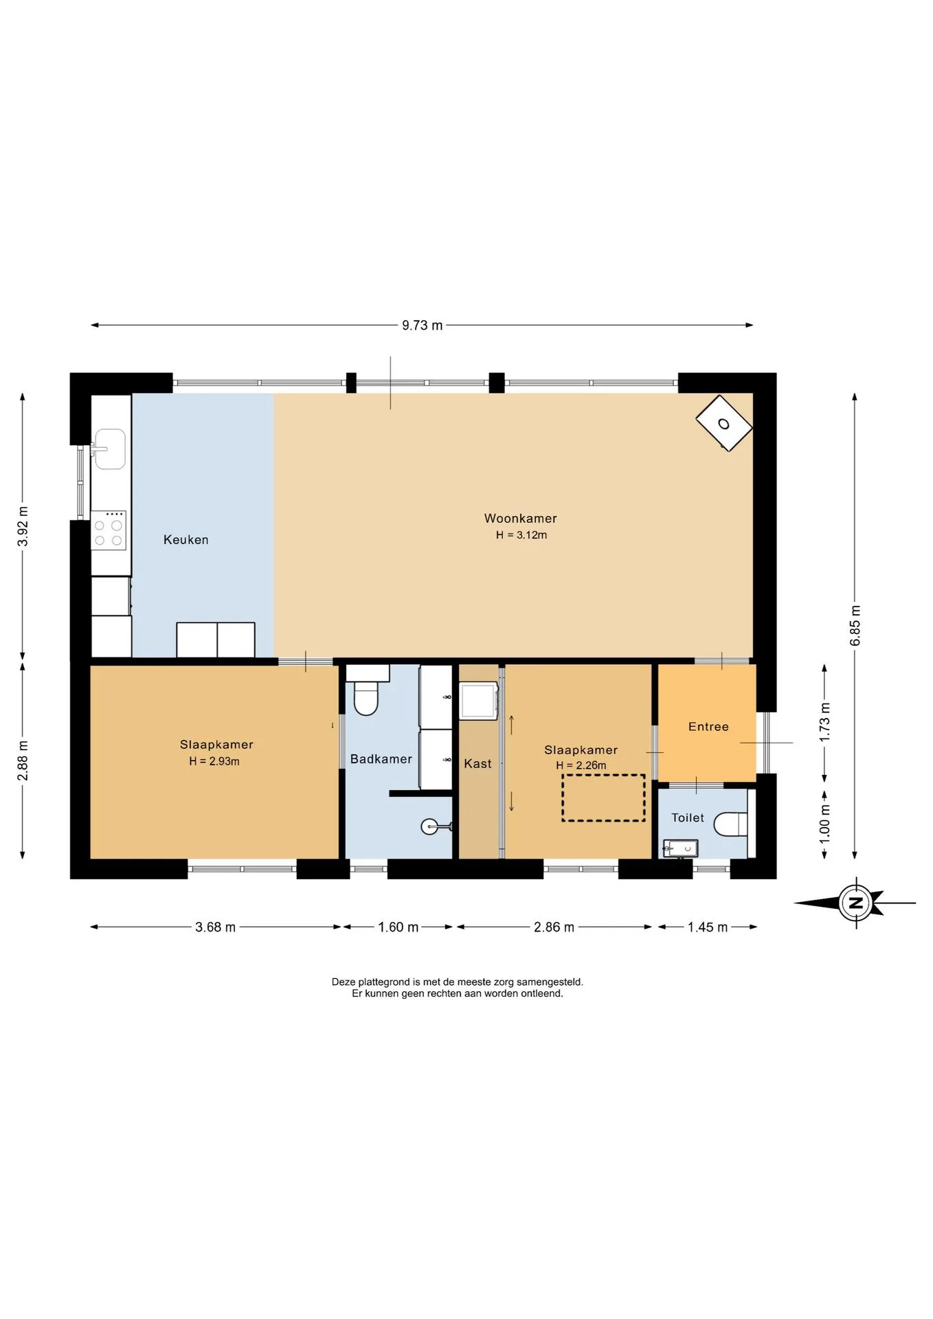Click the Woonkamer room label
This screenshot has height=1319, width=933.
520,519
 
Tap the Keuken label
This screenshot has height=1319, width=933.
186,540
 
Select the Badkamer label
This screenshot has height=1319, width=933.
381,759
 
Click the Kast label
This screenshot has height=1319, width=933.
477,764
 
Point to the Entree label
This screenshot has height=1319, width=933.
708,727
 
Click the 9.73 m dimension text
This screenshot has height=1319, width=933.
423,326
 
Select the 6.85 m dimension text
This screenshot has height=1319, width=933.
855,625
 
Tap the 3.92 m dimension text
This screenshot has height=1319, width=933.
23,526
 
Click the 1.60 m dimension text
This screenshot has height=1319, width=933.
398,927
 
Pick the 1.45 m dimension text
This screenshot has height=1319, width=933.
708,927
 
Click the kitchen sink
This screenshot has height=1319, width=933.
109,449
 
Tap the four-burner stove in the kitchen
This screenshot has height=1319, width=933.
109,530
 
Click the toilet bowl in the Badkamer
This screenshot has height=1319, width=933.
366,697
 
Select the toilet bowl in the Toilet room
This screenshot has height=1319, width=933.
730,824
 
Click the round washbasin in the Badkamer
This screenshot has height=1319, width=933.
429,826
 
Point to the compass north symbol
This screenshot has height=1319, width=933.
856,903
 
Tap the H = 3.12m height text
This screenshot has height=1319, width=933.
521,535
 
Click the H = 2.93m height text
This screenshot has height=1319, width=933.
214,761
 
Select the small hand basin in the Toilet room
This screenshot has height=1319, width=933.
680,848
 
